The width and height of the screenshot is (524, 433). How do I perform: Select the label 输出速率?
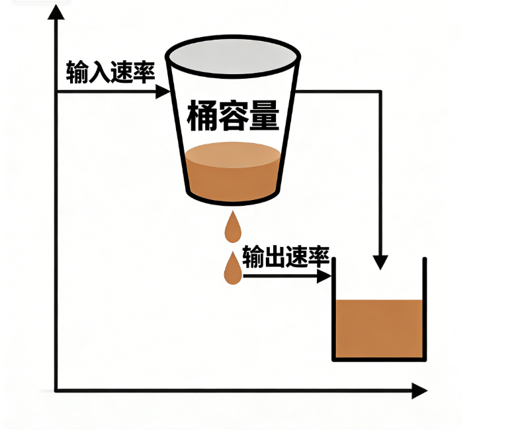coord(285,256)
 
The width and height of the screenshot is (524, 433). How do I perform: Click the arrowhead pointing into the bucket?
coord(163,91)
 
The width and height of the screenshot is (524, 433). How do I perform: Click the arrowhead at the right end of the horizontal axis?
coord(419,391)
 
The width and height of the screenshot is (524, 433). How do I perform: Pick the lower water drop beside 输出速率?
coord(232,268)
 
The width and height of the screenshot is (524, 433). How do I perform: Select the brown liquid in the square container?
coord(378,328)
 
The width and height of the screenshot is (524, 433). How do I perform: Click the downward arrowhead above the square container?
coord(380,262)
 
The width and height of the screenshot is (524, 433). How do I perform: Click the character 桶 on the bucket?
coord(201,117)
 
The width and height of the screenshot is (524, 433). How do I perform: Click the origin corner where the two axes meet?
coord(57,391)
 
